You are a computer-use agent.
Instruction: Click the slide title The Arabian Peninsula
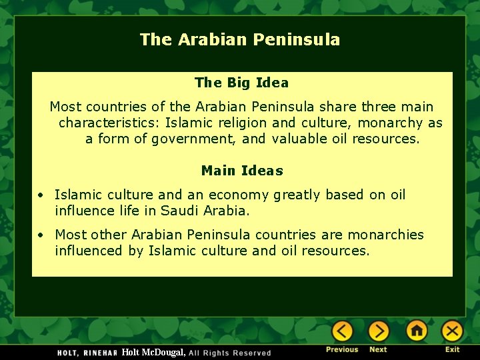240,39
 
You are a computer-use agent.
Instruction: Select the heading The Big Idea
241,83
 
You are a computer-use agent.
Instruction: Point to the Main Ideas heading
242,171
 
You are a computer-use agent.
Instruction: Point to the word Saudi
180,211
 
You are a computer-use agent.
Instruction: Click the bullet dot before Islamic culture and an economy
41,195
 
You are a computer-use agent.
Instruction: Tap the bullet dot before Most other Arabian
41,235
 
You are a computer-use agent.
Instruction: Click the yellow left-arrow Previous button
343,331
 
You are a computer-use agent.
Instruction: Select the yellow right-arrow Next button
378,331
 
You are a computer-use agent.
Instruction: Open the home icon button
417,331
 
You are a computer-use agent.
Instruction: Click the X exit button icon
452,331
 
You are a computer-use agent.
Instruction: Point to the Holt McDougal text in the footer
153,352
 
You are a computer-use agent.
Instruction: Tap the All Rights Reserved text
230,353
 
